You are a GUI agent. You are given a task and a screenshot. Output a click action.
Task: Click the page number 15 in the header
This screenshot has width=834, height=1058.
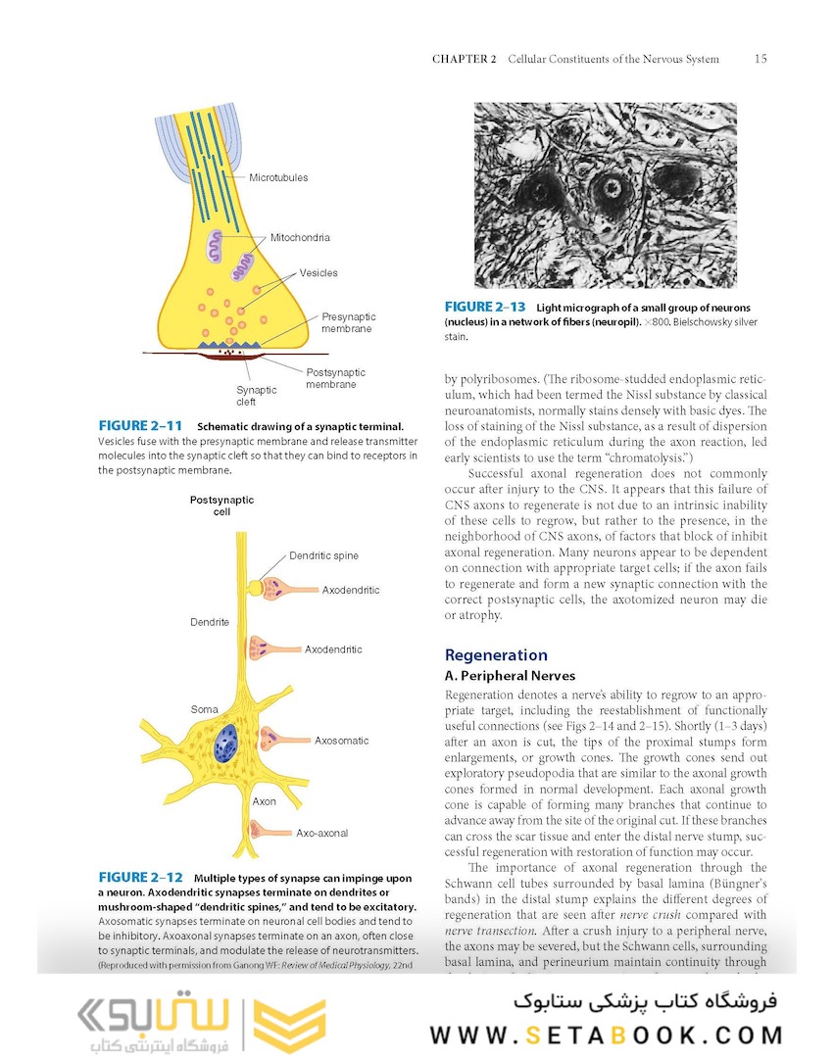pos(760,59)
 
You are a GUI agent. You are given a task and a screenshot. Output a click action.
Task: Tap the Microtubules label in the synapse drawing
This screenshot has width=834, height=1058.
pos(278,178)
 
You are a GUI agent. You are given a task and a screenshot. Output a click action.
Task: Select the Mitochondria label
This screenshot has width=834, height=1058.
pos(300,238)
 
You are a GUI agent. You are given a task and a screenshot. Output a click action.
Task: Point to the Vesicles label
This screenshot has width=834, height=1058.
pos(319,273)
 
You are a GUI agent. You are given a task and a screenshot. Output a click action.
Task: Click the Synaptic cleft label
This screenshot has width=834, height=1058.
pos(256,396)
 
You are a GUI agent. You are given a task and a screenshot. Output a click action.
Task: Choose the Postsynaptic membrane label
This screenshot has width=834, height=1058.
pos(335,378)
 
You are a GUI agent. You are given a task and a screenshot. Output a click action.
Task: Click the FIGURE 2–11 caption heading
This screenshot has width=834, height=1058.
pos(140,426)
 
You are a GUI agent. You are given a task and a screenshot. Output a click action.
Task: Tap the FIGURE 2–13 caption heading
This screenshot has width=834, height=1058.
pos(485,308)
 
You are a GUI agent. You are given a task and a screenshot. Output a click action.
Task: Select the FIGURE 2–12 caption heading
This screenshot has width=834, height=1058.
pos(140,878)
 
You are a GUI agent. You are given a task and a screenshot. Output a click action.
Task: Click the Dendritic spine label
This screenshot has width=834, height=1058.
pos(323,556)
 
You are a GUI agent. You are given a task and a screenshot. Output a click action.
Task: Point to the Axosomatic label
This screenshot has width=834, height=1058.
pos(342,742)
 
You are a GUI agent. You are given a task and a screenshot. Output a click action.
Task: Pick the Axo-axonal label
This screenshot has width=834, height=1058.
pos(321,834)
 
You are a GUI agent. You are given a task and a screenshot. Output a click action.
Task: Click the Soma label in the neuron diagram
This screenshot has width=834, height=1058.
pos(204,709)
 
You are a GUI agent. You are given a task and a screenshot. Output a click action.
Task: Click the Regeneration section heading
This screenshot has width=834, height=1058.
pos(496,655)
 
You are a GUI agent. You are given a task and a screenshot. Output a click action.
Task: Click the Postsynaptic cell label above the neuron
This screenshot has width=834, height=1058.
pos(221,505)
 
